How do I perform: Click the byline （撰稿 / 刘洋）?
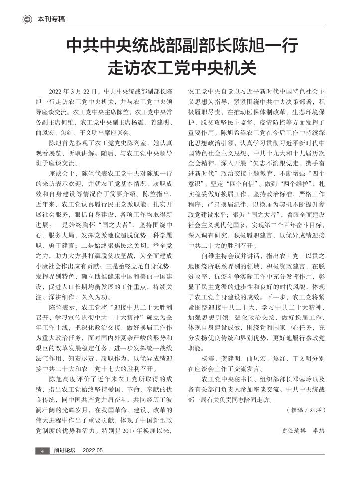coord(306,409)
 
